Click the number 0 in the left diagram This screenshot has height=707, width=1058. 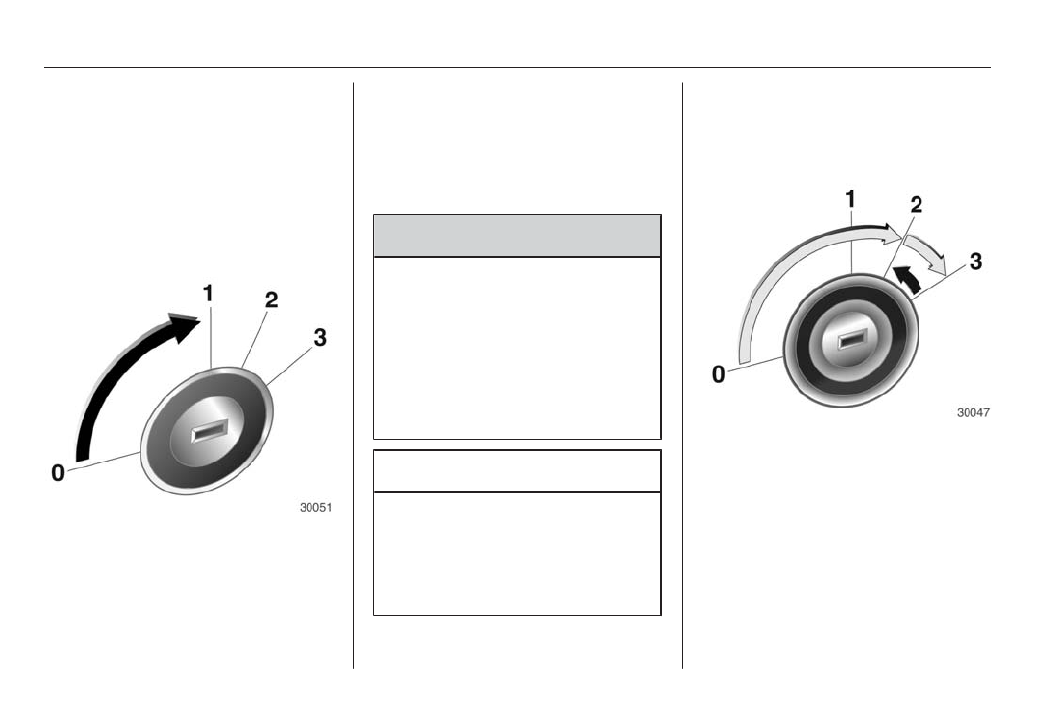58,473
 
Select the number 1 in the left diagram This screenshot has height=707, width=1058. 208,294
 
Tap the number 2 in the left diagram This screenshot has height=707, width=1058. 271,299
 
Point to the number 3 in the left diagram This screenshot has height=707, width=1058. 320,337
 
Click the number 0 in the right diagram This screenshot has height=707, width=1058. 719,374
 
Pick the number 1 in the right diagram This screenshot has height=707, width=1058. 850,199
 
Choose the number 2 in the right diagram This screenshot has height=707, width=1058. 916,204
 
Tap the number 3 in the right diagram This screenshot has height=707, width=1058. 975,261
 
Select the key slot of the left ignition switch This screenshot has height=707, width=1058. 208,432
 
